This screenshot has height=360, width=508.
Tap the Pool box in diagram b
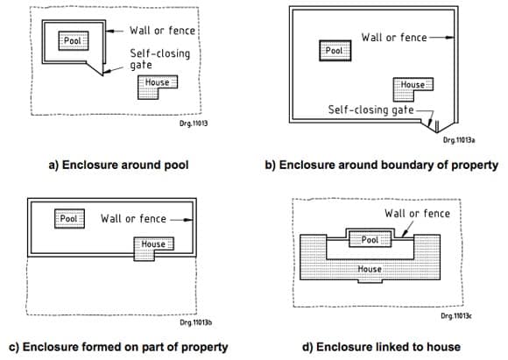[334, 51]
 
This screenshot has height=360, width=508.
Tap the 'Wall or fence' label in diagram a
[162, 29]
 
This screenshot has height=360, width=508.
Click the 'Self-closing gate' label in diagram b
[371, 110]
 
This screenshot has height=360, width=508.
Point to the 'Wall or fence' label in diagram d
[417, 213]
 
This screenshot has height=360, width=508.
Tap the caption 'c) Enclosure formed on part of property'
[117, 347]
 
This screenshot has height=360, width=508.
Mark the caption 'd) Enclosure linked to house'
[381, 347]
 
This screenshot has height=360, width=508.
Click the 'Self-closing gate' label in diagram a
[159, 58]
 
